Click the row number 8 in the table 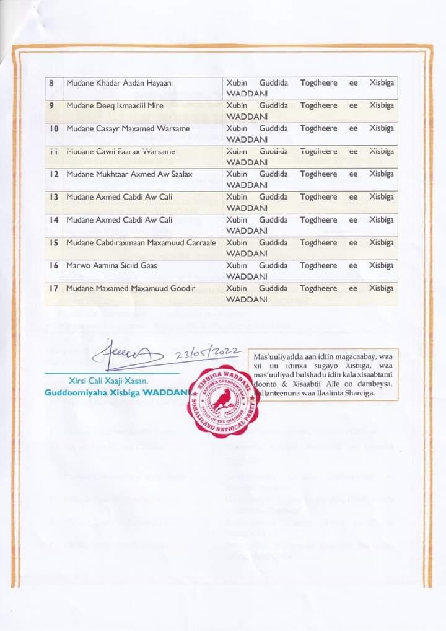click(x=51, y=83)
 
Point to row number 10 click(x=53, y=129)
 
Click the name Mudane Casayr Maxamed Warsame click(x=119, y=129)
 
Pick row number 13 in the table click(x=53, y=197)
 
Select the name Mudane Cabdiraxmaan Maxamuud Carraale click(x=141, y=243)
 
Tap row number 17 click(x=53, y=289)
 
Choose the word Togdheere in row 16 click(x=318, y=266)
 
